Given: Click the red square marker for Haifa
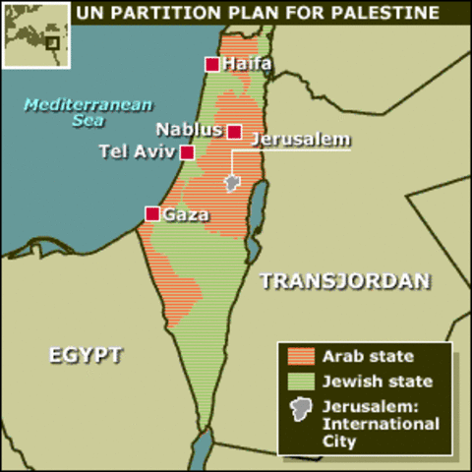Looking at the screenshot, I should (211, 65).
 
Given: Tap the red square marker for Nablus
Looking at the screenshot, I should (234, 131).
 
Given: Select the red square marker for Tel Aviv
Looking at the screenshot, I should (187, 152).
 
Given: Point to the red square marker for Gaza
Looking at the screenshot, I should (152, 213).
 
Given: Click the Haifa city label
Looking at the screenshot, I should (247, 65).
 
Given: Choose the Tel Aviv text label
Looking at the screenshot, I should (137, 151).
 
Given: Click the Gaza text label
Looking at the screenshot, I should (185, 214).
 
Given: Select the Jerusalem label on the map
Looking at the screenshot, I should (300, 139).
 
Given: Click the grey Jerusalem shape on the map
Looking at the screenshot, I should (232, 183).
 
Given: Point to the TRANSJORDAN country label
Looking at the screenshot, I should (344, 281).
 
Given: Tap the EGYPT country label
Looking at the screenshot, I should (86, 355).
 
